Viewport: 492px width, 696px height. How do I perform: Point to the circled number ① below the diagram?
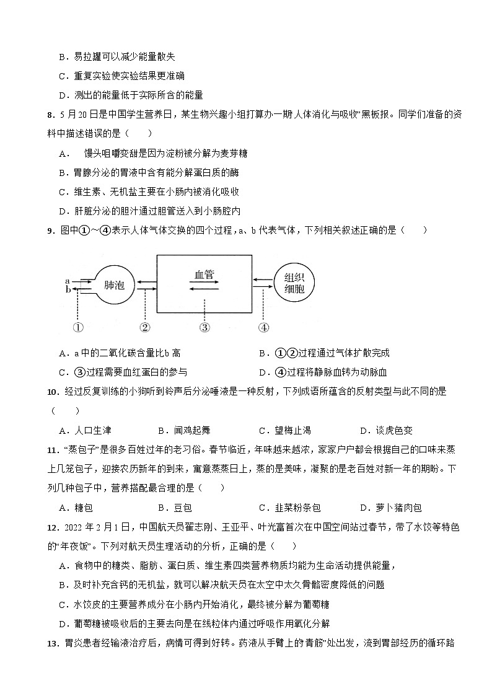(x=78, y=327)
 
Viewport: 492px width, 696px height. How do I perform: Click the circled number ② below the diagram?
(x=145, y=327)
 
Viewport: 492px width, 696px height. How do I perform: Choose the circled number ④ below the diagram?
(x=263, y=327)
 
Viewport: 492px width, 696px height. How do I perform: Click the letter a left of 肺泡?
(x=67, y=281)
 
